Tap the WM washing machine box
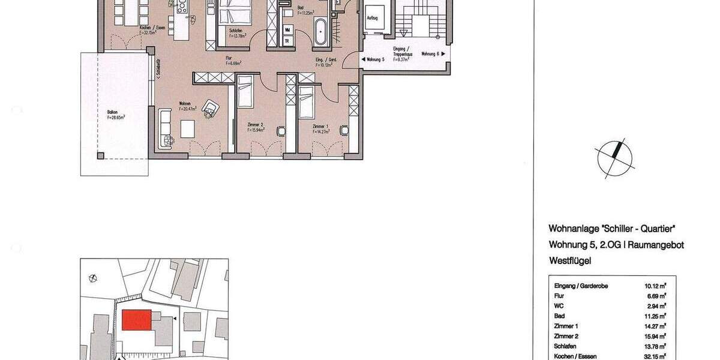pyautogui.click(x=288, y=29)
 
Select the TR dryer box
pyautogui.click(x=288, y=40)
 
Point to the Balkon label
pyautogui.click(x=112, y=112)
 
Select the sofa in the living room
pyautogui.click(x=164, y=126)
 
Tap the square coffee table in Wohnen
pyautogui.click(x=187, y=128)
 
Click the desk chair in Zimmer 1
pyautogui.click(x=344, y=129)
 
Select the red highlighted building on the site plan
pyautogui.click(x=136, y=320)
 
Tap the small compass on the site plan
pyautogui.click(x=92, y=277)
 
